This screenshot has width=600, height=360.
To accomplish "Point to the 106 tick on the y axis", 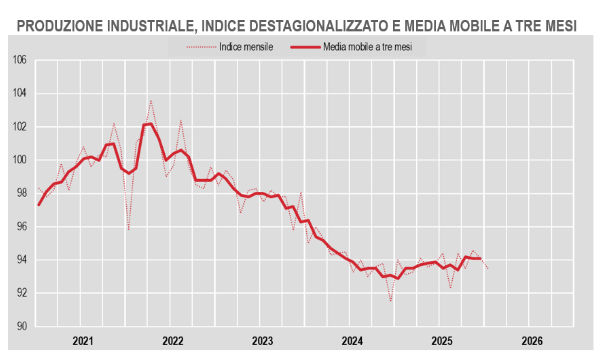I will [19, 60].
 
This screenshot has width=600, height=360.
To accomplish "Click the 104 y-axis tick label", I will [19, 93].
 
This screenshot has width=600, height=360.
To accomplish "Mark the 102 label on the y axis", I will [19, 126].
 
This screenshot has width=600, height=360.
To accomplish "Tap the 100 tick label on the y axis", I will [19, 160].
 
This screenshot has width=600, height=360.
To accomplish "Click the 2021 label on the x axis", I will [83, 341].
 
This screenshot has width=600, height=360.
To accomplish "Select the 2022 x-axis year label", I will [173, 341].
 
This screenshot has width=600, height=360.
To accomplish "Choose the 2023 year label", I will [262, 341].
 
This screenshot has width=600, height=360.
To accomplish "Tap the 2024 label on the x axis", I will [352, 341].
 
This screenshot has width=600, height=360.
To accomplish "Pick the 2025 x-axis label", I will [442, 341].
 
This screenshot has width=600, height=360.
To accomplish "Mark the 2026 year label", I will [532, 341].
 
